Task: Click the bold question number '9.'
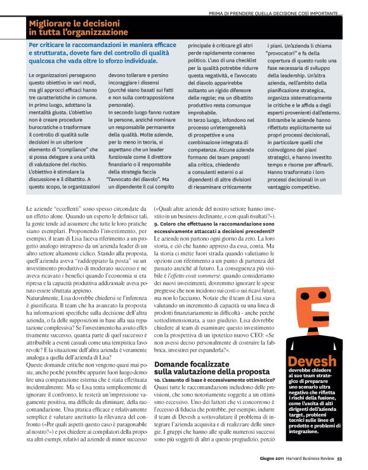point(157,224)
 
